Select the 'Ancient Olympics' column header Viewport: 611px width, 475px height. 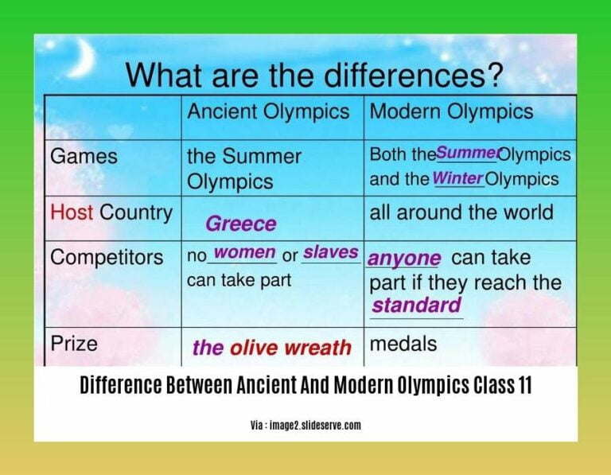(268, 112)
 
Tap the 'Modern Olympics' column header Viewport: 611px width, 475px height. (452, 112)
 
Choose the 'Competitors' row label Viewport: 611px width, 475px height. (107, 258)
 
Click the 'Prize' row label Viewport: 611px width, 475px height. (74, 344)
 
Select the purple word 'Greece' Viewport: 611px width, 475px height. (241, 224)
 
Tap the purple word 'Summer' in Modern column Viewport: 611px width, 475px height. (468, 153)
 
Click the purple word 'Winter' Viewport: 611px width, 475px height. (457, 178)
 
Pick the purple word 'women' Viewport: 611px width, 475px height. (245, 253)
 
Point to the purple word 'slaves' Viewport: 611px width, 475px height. (330, 252)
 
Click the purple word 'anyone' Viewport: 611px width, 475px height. (404, 259)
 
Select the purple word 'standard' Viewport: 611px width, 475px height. (416, 306)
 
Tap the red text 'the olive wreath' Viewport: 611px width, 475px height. (271, 348)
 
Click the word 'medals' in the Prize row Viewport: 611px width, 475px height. (403, 344)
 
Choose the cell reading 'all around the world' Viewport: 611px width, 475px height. (461, 212)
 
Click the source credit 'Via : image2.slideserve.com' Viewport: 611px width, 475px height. (305, 426)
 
